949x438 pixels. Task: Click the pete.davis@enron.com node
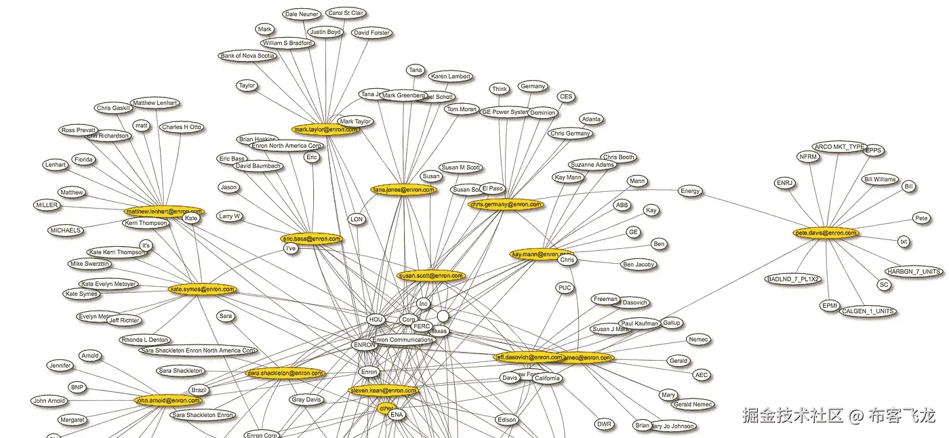click(x=826, y=233)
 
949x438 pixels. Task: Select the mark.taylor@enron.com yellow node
click(x=325, y=129)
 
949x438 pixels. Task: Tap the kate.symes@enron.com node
click(x=202, y=290)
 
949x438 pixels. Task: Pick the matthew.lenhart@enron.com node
click(x=164, y=212)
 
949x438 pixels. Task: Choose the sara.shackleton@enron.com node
click(x=285, y=374)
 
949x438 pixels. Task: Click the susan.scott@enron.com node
click(x=431, y=276)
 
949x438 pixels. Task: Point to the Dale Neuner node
click(x=302, y=14)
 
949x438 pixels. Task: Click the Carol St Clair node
click(x=345, y=13)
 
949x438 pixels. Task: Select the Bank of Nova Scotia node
click(x=248, y=56)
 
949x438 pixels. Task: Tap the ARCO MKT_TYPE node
click(x=839, y=146)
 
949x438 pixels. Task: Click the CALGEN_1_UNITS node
click(x=868, y=311)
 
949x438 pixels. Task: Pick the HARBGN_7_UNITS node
click(x=914, y=271)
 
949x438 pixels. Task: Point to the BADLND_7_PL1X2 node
click(x=793, y=279)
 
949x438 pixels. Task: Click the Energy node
click(x=690, y=191)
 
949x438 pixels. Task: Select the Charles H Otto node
click(x=182, y=127)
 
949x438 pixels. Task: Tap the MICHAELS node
click(x=65, y=231)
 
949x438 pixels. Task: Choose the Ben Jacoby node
click(x=639, y=264)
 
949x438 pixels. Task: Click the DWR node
click(x=605, y=424)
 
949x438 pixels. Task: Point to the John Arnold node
click(x=49, y=401)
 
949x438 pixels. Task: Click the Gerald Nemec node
click(x=692, y=405)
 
